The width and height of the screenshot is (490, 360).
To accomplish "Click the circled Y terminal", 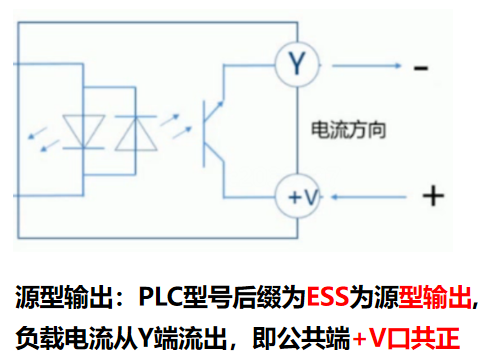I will click(296, 66).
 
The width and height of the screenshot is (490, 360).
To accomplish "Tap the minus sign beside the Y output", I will click(421, 68).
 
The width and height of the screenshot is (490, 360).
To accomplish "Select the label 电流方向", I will click(347, 130).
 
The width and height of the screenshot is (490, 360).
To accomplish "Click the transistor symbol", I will click(213, 131).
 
